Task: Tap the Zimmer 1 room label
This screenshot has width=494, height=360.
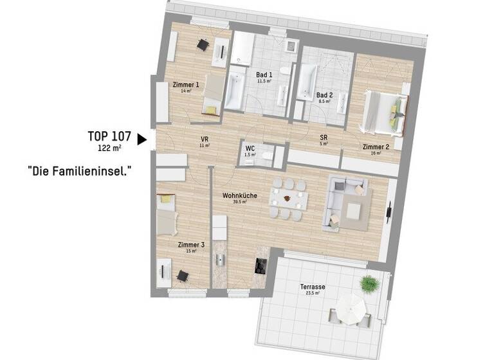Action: click(x=186, y=85)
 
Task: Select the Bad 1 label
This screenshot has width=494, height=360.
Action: click(x=264, y=75)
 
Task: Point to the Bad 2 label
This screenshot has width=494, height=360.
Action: click(x=324, y=94)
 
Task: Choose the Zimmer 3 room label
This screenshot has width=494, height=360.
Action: click(x=190, y=244)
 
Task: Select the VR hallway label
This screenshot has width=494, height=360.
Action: click(x=204, y=139)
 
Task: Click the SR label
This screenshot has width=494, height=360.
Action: click(x=324, y=137)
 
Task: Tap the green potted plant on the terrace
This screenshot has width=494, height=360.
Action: click(x=368, y=283)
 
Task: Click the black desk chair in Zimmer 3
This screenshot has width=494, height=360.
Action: click(x=183, y=276)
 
